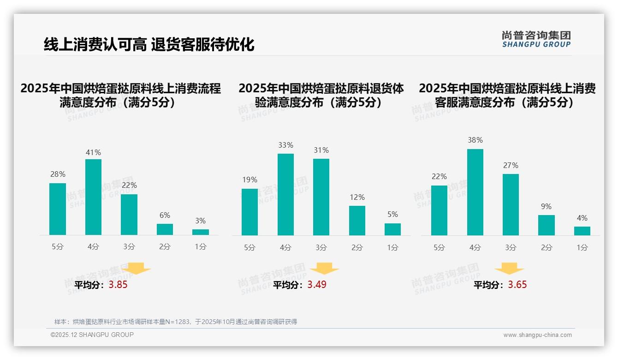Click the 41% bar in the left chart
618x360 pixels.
pos(93,197)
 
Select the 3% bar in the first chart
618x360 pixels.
pos(201,232)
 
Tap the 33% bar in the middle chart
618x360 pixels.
pos(285,194)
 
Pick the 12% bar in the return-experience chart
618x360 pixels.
pos(357,221)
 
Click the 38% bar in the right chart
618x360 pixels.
pos(475,192)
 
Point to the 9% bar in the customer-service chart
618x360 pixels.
pos(547,225)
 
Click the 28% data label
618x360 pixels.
pos(58,174)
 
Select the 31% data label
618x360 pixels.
pos(321,150)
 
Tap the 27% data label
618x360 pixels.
pos(511,165)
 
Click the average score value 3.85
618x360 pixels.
pos(118,285)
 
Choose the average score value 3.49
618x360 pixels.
pos(317,285)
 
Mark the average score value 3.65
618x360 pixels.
pos(517,285)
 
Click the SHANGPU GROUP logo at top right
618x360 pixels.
pos(536,39)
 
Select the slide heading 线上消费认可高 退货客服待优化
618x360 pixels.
pos(149,44)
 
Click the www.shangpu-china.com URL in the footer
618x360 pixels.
pos(537,335)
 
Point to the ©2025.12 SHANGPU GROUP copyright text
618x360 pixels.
pos(92,335)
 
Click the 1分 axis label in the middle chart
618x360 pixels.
pos(393,247)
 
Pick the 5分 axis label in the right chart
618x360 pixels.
pos(439,247)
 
